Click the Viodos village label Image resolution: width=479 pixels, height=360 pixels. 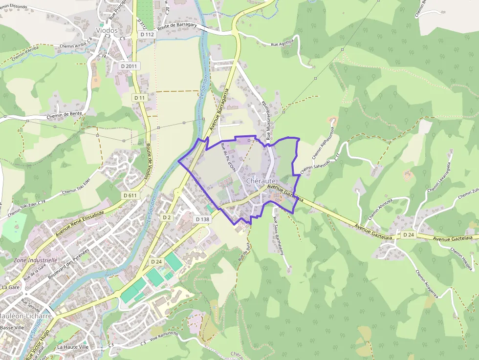pyautogui.click(x=107, y=30)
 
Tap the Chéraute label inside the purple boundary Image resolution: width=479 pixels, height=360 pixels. pyautogui.click(x=262, y=181)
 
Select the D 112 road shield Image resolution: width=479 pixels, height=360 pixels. pyautogui.click(x=147, y=35)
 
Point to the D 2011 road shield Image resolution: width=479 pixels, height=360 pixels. pyautogui.click(x=130, y=66)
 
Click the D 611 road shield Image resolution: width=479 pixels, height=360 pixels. pyautogui.click(x=130, y=195)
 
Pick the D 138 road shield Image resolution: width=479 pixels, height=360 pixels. pyautogui.click(x=202, y=219)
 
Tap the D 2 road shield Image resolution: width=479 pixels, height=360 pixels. pyautogui.click(x=167, y=217)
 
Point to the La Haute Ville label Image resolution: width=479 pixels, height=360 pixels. pyautogui.click(x=72, y=347)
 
